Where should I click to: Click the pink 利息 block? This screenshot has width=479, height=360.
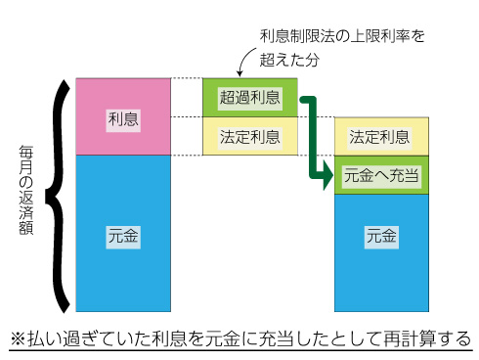tap(122, 115)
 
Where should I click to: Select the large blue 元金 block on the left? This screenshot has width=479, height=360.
tap(122, 235)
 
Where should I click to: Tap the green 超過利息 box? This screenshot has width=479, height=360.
tap(249, 97)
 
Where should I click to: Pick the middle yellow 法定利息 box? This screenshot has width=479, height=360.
tap(249, 136)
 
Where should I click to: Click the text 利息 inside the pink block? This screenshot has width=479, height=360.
tap(122, 118)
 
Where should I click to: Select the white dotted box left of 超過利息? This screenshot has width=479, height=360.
tap(187, 97)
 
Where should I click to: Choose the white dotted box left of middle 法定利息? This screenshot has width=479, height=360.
tap(187, 136)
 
